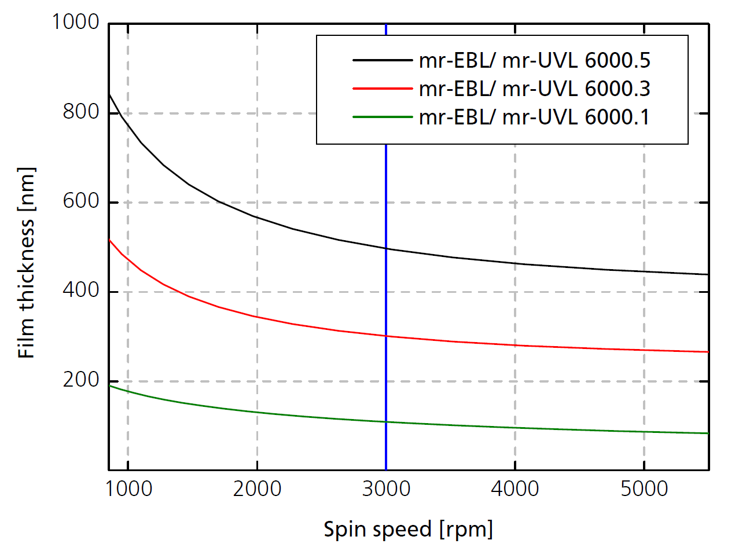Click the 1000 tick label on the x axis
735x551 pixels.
[x=127, y=490]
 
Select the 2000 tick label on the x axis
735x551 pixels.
[x=256, y=490]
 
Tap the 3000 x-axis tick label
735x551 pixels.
[x=385, y=490]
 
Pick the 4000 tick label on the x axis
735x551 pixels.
[x=514, y=490]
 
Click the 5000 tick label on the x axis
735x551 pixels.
[x=644, y=490]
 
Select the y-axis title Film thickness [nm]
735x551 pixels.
[x=27, y=262]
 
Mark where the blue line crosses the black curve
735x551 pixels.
[x=385, y=248]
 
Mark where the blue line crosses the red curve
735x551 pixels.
[x=385, y=336]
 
